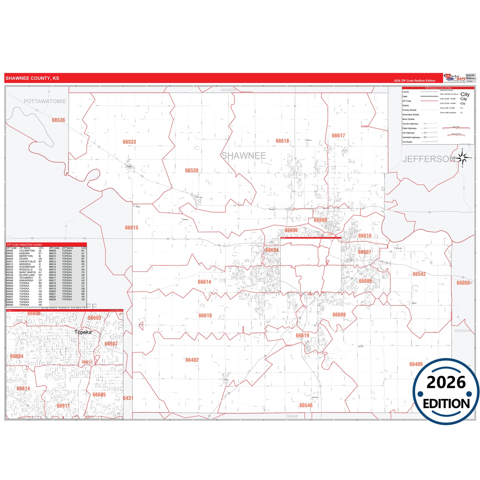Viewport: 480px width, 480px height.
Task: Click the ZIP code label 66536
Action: click(x=58, y=120)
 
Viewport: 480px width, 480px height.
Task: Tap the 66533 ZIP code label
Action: click(x=129, y=142)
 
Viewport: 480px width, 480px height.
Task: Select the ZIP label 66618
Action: click(x=282, y=141)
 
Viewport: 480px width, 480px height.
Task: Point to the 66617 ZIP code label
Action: click(x=338, y=136)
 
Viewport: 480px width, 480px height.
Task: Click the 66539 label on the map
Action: click(x=192, y=170)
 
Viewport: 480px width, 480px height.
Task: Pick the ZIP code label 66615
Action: click(x=132, y=228)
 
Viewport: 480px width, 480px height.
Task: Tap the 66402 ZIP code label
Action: click(x=192, y=360)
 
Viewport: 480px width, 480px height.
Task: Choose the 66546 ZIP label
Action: click(x=306, y=405)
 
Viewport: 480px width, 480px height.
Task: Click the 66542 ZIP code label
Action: click(x=419, y=274)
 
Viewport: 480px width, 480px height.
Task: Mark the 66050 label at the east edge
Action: click(x=463, y=283)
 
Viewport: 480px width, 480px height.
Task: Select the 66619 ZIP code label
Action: click(x=303, y=336)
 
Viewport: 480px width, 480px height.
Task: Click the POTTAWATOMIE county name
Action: click(x=45, y=101)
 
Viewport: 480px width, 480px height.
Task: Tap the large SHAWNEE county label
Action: click(x=243, y=155)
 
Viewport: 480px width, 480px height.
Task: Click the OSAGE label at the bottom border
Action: click(x=292, y=416)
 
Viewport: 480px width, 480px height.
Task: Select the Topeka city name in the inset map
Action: click(x=83, y=332)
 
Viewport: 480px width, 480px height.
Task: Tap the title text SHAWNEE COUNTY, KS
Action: click(x=32, y=78)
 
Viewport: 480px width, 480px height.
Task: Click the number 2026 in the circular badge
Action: click(x=446, y=382)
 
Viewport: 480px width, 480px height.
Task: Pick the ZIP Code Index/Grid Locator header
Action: click(x=24, y=244)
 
